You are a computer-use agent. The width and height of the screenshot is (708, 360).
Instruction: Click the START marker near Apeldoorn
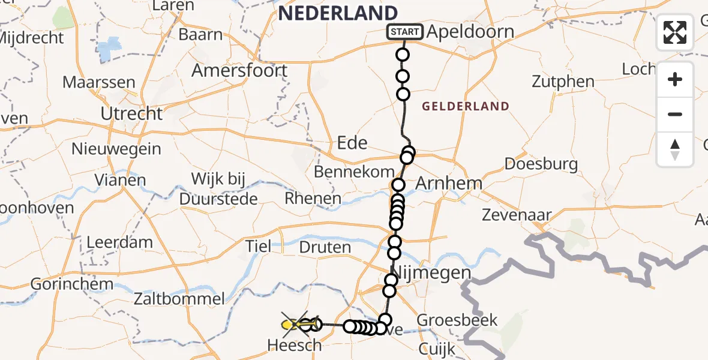click(405, 32)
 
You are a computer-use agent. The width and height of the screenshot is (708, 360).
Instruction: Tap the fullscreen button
click(675, 32)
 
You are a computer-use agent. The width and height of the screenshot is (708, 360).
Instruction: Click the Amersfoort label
click(239, 71)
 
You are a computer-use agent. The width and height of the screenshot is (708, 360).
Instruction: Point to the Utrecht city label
click(131, 113)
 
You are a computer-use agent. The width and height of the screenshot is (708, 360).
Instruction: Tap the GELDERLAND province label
click(466, 107)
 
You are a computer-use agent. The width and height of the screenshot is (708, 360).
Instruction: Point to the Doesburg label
click(541, 164)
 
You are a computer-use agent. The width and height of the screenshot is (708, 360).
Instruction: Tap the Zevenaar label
click(517, 215)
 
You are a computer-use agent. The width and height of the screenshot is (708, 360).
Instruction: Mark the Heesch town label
click(294, 345)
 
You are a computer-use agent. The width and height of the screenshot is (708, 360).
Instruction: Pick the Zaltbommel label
click(179, 299)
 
